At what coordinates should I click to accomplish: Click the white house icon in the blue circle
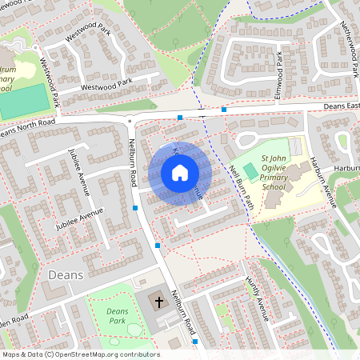[x=180, y=172]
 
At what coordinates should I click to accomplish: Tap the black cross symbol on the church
[x=158, y=302]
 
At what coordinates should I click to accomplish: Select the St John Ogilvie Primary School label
[x=273, y=174]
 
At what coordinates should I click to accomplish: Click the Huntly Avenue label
[x=255, y=295]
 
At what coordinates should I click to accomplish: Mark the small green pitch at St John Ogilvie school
[x=251, y=170]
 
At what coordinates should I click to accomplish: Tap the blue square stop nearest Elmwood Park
[x=224, y=109]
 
